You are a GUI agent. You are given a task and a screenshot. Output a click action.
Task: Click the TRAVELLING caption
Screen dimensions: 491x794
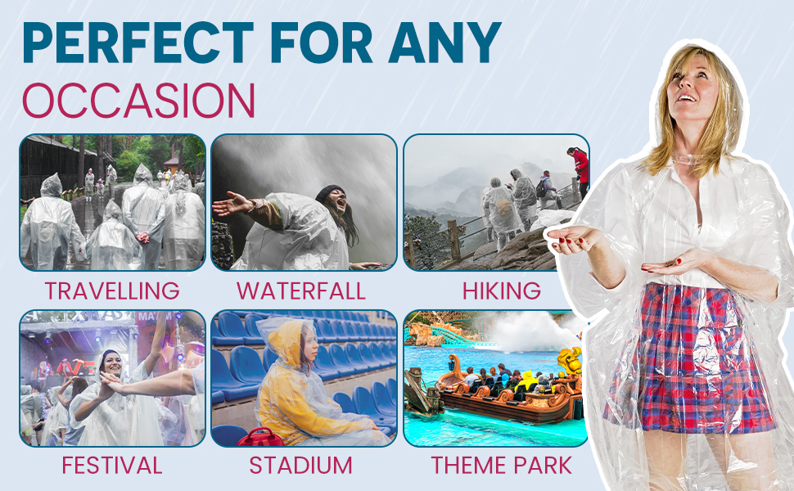click(x=112, y=291)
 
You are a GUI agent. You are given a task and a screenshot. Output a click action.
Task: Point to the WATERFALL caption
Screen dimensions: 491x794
click(x=301, y=291)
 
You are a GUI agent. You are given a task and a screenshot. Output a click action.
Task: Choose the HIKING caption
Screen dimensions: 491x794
click(x=501, y=291)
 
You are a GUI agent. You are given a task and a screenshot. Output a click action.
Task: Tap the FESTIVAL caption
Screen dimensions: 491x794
click(x=112, y=466)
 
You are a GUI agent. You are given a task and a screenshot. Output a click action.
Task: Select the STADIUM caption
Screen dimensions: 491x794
click(x=301, y=466)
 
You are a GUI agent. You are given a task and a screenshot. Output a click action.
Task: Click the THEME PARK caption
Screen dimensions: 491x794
click(x=501, y=466)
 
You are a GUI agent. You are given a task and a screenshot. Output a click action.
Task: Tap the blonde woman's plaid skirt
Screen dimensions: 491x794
click(x=692, y=360)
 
